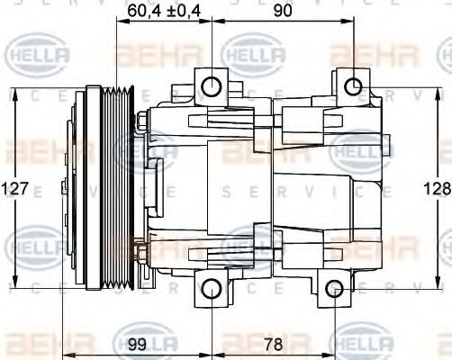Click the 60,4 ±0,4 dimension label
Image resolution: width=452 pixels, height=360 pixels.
pyautogui.click(x=162, y=11)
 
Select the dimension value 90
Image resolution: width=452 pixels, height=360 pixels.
pyautogui.click(x=284, y=11)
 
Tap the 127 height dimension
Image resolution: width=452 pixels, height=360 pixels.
pyautogui.click(x=15, y=189)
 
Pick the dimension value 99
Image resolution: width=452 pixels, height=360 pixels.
pyautogui.click(x=137, y=343)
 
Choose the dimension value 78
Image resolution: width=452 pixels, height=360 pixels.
pyautogui.click(x=273, y=343)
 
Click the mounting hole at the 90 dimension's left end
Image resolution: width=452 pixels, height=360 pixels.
pyautogui.click(x=211, y=86)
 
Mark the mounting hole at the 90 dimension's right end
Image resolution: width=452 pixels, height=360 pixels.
pyautogui.click(x=355, y=86)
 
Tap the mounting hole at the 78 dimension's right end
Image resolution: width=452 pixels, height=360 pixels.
pyautogui.click(x=334, y=290)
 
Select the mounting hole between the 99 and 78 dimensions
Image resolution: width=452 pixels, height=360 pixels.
pyautogui.click(x=211, y=290)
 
